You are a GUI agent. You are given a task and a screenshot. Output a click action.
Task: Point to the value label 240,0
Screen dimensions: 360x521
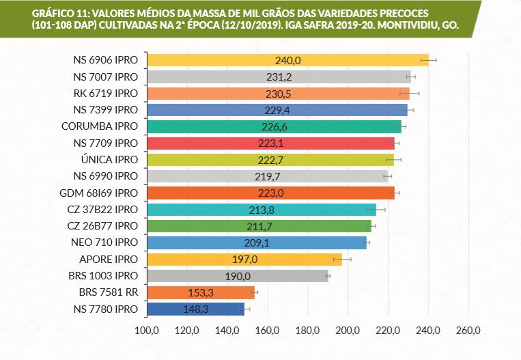[x=288, y=60]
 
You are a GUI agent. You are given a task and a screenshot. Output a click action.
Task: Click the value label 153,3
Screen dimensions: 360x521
[x=201, y=292]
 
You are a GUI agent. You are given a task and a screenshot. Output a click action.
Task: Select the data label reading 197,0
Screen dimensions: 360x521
[x=244, y=260]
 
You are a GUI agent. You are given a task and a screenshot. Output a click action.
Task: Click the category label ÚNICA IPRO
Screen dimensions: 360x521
[x=109, y=159]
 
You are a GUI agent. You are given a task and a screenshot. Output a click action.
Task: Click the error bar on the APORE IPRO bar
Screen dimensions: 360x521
[x=342, y=260]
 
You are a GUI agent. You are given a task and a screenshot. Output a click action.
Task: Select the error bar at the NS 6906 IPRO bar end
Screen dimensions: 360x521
[x=429, y=60]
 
